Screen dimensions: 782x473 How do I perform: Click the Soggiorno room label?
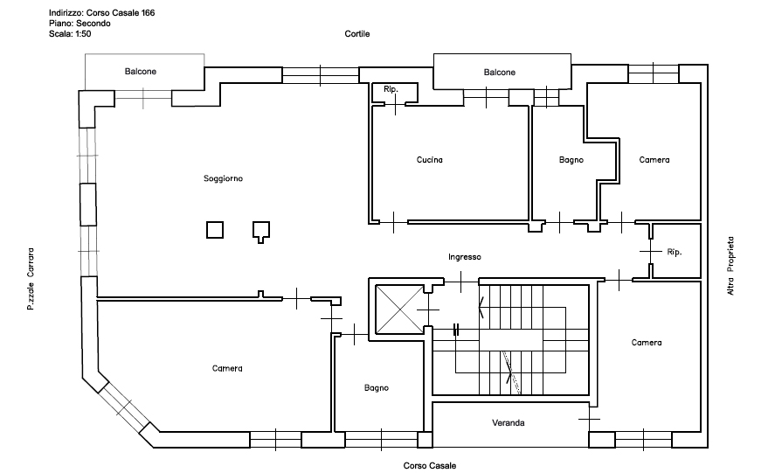[223, 178]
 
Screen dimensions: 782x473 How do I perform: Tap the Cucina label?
[429, 160]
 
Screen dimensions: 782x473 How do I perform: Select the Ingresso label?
[464, 257]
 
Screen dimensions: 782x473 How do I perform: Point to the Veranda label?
[509, 422]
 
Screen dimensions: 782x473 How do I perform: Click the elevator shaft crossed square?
[399, 309]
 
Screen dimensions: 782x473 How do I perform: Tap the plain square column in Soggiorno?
[215, 230]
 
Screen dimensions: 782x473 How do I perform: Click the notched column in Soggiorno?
[261, 232]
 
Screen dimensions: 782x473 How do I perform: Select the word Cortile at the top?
[357, 34]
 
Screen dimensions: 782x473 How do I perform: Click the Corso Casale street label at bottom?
[429, 465]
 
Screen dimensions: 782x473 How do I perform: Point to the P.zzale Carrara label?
[31, 279]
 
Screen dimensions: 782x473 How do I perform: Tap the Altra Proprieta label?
[730, 266]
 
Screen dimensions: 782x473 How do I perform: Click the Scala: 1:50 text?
[70, 34]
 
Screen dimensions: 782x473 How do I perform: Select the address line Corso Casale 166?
[101, 13]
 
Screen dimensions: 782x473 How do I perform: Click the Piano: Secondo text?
[80, 24]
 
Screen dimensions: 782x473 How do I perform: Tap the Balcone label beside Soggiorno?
[140, 72]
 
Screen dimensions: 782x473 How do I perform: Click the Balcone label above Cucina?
[499, 73]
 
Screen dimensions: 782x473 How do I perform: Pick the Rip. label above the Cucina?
[391, 89]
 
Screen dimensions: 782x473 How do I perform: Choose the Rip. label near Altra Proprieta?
[675, 252]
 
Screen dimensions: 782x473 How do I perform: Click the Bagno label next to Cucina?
[571, 160]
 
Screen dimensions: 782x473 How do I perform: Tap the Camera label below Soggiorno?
[227, 368]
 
